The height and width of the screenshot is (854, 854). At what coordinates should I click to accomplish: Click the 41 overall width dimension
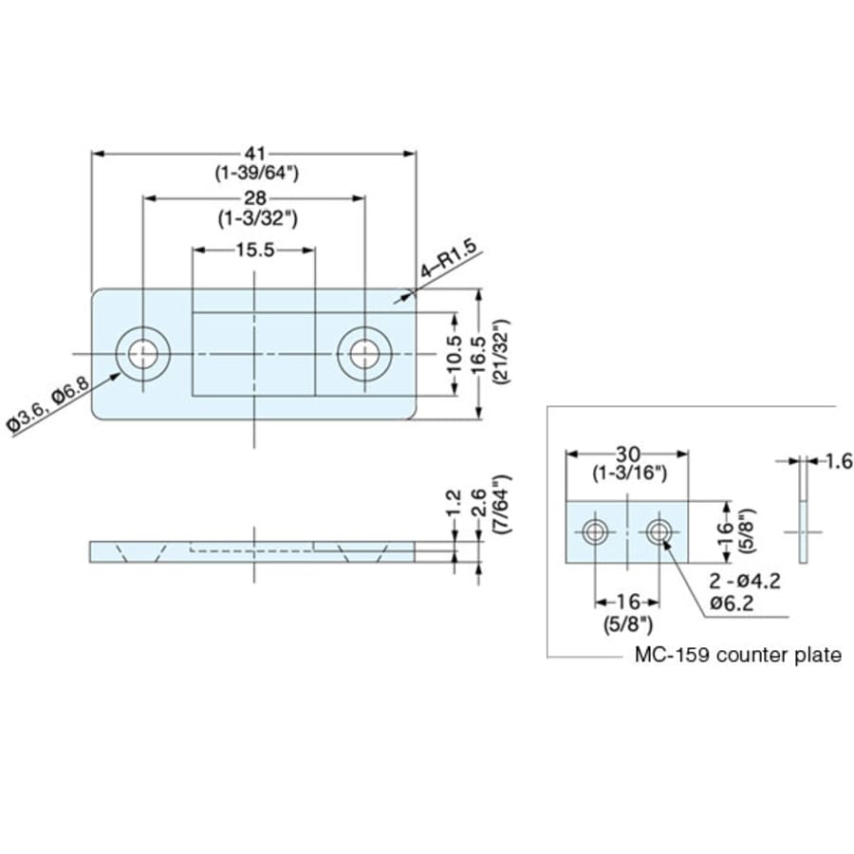click(x=253, y=154)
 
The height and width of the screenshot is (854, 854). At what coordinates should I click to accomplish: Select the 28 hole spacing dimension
click(x=253, y=198)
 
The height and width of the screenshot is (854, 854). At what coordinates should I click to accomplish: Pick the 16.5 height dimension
click(x=479, y=354)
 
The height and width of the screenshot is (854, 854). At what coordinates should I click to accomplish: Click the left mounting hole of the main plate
click(x=143, y=354)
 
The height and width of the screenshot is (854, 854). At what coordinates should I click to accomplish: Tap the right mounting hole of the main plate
click(x=363, y=354)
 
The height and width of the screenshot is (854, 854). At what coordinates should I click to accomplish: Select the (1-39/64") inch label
click(x=253, y=173)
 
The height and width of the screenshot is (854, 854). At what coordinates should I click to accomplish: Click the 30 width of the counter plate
click(x=628, y=454)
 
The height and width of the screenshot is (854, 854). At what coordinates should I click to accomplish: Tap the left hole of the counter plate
click(x=595, y=531)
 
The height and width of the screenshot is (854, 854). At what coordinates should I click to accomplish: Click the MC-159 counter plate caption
click(x=737, y=655)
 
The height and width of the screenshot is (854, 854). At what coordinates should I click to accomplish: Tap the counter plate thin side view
click(x=803, y=512)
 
